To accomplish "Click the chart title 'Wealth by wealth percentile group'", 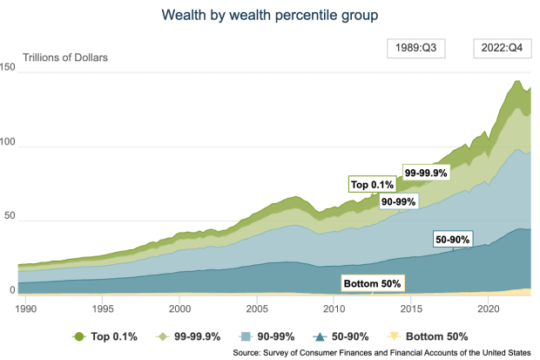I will coord(269,15).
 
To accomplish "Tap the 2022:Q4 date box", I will coord(498,49).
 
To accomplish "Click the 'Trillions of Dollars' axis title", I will coord(58,58).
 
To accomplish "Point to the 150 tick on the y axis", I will coord(10,69).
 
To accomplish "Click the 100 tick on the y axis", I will coord(10,143).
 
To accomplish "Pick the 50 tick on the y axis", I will coord(10,216).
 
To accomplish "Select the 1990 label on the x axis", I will coord(27,309).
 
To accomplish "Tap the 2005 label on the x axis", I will coord(257,309).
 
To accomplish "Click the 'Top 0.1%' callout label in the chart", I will coord(372,184).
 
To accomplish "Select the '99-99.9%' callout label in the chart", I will coord(425,173).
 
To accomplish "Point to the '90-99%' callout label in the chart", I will coord(399,201).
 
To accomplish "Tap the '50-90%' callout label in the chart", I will coord(452,239).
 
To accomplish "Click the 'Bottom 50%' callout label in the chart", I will coord(371,284).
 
